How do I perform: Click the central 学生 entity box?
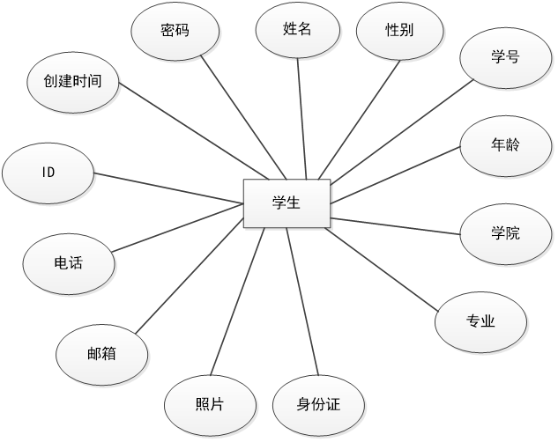(x=286, y=203)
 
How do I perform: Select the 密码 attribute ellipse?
(x=175, y=30)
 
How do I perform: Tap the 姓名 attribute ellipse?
(x=298, y=30)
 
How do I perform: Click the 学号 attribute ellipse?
(x=504, y=58)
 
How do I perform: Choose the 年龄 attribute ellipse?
(x=505, y=144)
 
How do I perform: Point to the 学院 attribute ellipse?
(x=505, y=233)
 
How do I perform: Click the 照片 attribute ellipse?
(x=209, y=404)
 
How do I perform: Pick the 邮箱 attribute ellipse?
(x=101, y=355)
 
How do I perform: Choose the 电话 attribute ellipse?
(x=68, y=262)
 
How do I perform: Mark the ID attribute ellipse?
(x=48, y=172)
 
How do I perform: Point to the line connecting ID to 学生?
(x=167, y=187)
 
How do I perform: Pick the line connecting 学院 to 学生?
(x=397, y=225)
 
